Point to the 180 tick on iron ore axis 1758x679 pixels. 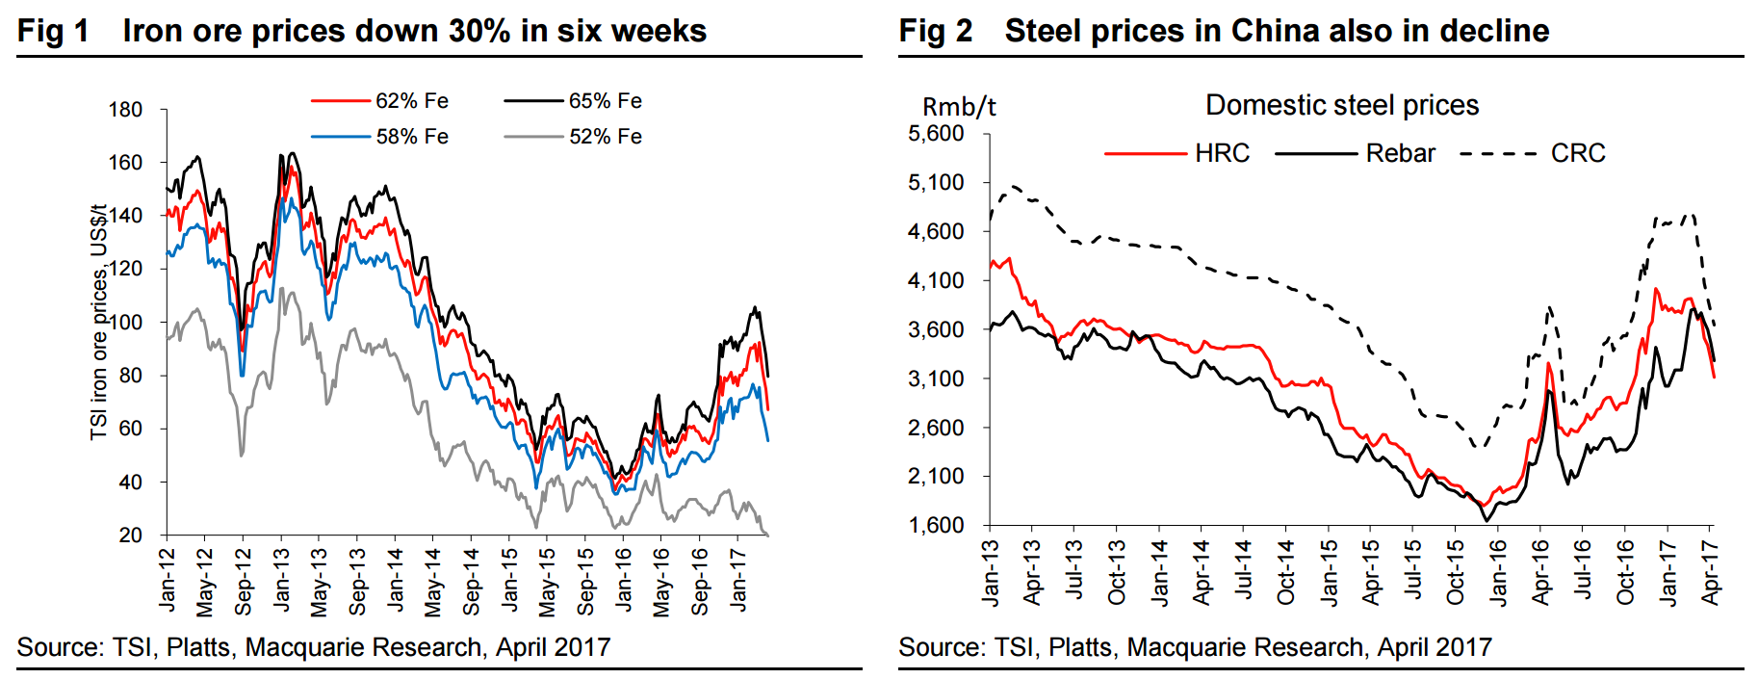coord(125,110)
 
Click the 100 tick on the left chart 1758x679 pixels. coord(125,323)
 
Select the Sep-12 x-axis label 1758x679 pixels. coord(243,582)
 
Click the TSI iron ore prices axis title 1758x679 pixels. coord(98,323)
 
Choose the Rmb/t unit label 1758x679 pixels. coord(959,107)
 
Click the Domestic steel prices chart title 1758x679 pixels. coord(1342,105)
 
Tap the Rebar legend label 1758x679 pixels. coord(1400,153)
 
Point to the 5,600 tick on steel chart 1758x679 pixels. coord(936,133)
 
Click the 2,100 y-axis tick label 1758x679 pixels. coord(936,476)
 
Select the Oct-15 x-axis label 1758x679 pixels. coord(1455,572)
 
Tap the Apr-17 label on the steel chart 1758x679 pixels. coord(1710,572)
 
